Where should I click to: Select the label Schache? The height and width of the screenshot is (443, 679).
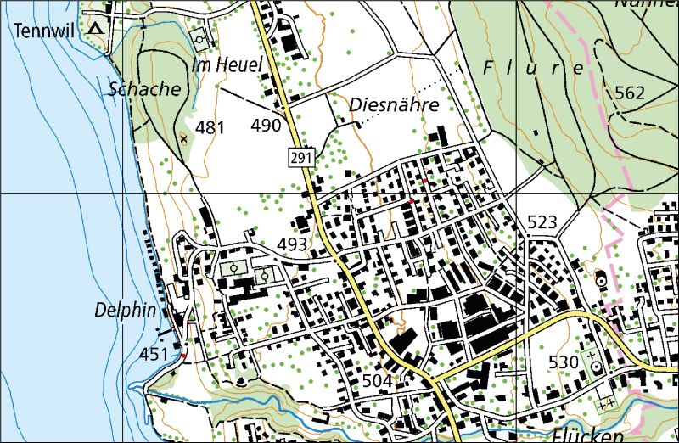pyautogui.click(x=144, y=88)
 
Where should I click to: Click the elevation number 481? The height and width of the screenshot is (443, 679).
pyautogui.click(x=210, y=128)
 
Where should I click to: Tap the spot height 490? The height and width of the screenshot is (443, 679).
pyautogui.click(x=266, y=126)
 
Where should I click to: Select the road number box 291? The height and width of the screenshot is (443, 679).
pyautogui.click(x=299, y=157)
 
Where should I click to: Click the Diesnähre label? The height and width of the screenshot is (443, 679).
pyautogui.click(x=393, y=105)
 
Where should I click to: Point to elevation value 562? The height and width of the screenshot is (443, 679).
pyautogui.click(x=630, y=93)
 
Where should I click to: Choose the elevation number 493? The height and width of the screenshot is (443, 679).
pyautogui.click(x=293, y=244)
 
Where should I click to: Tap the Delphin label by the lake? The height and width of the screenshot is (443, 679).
pyautogui.click(x=126, y=311)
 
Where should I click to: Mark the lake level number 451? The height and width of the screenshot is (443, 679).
pyautogui.click(x=154, y=353)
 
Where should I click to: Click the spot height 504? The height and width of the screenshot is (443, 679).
pyautogui.click(x=377, y=381)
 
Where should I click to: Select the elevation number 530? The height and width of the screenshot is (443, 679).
pyautogui.click(x=563, y=362)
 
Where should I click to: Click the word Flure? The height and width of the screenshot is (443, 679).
pyautogui.click(x=531, y=67)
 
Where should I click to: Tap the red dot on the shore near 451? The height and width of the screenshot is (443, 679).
pyautogui.click(x=183, y=356)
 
